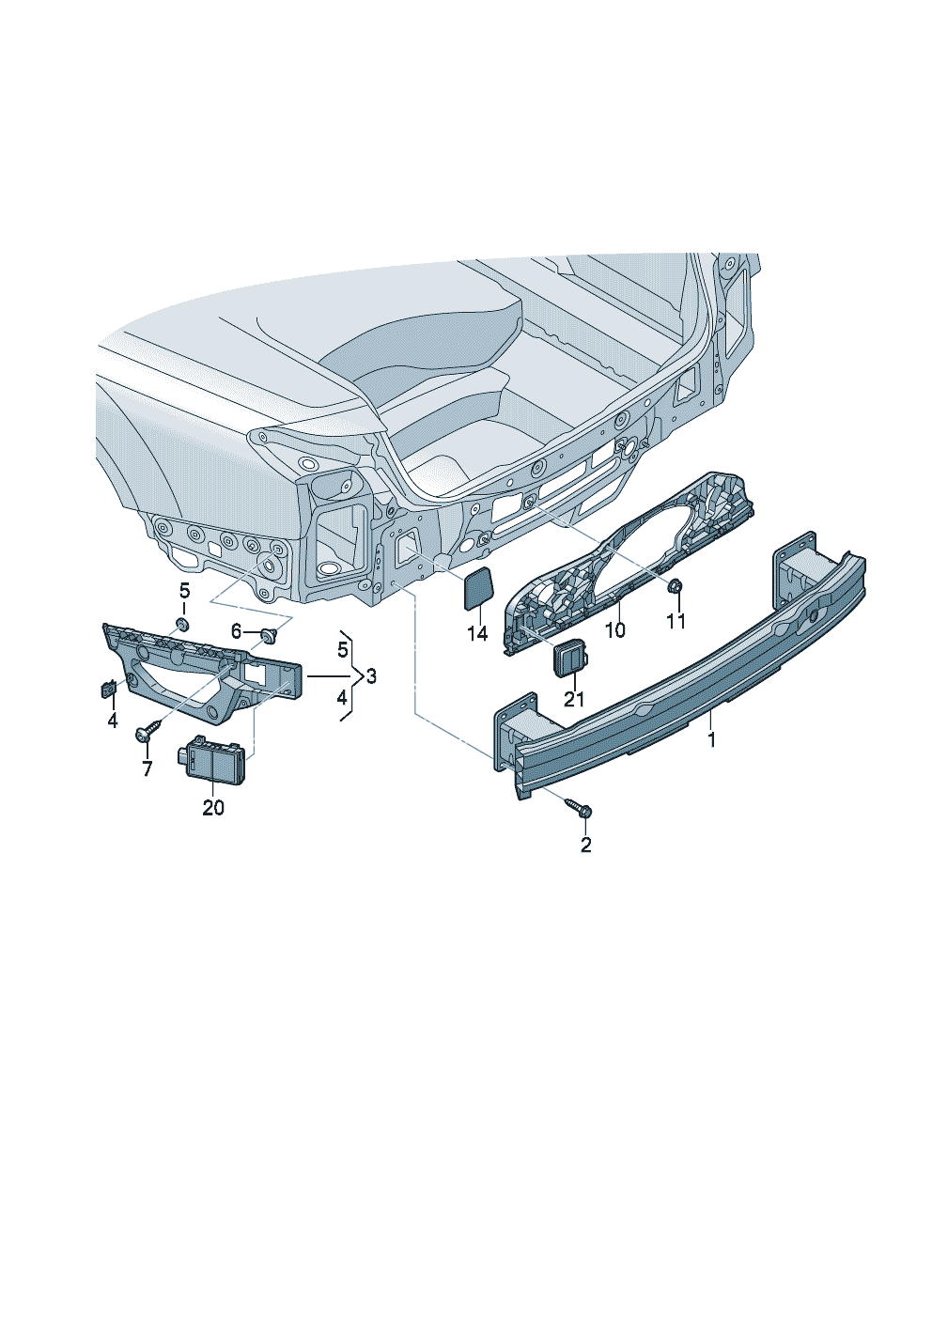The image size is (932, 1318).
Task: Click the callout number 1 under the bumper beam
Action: tap(712, 739)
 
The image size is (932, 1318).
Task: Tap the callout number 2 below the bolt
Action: tap(585, 845)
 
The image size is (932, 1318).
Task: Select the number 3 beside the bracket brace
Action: tap(371, 676)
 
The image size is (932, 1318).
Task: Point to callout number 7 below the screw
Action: tap(148, 768)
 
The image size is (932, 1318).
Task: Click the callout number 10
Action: tap(614, 630)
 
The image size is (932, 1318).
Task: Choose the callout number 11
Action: tap(676, 620)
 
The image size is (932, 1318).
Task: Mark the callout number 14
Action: tap(478, 633)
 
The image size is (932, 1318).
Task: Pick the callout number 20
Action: tap(213, 808)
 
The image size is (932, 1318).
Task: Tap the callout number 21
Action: tap(574, 699)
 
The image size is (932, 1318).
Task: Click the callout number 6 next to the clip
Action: tap(236, 632)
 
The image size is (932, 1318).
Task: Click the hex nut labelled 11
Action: tap(676, 586)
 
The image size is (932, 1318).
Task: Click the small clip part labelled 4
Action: tap(109, 688)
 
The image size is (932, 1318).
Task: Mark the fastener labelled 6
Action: tap(270, 634)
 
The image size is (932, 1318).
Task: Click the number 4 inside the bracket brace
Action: tap(342, 698)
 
